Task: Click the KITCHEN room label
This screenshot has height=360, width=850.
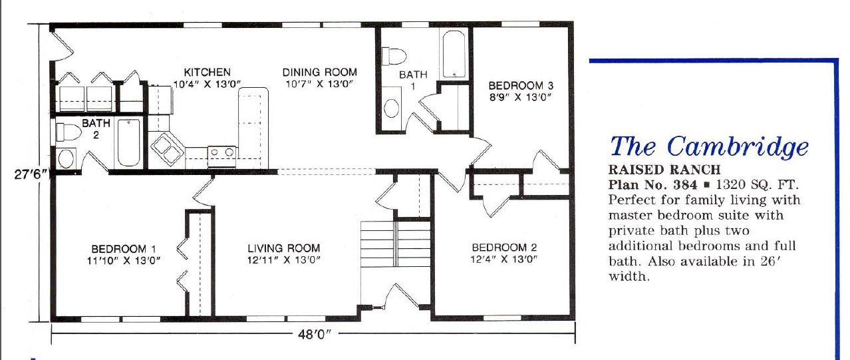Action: pyautogui.click(x=208, y=72)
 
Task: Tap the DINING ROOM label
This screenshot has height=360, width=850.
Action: pyautogui.click(x=320, y=72)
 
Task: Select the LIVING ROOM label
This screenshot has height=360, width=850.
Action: pyautogui.click(x=284, y=248)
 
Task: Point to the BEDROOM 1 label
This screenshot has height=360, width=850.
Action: pyautogui.click(x=124, y=249)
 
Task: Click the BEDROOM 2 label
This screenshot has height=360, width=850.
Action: pyautogui.click(x=504, y=248)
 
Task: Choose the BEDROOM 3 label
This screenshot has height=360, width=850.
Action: pyautogui.click(x=521, y=85)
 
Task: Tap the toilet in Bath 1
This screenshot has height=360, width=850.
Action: pyautogui.click(x=394, y=57)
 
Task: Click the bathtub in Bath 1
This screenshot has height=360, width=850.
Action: pyautogui.click(x=454, y=54)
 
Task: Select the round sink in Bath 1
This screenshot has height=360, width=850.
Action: pyautogui.click(x=391, y=108)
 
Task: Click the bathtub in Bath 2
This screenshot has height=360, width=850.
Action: pyautogui.click(x=128, y=142)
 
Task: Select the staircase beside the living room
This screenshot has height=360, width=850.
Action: pyautogui.click(x=395, y=245)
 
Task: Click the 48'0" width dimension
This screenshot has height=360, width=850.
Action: pyautogui.click(x=313, y=335)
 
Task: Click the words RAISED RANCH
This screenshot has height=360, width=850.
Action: pyautogui.click(x=664, y=170)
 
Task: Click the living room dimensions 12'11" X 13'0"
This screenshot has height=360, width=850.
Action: pyautogui.click(x=284, y=260)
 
